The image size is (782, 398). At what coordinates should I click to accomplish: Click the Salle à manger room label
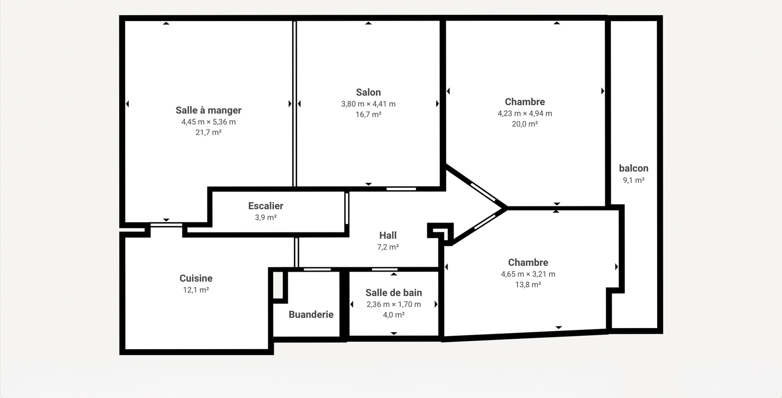[208, 110]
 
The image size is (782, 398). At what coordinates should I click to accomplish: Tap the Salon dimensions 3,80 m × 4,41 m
[368, 104]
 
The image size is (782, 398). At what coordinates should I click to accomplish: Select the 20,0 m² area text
[525, 124]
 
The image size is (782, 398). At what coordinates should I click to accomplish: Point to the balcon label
[634, 168]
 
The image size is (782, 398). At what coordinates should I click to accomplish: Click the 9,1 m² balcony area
[634, 180]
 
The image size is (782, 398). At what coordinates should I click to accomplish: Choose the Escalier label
[266, 206]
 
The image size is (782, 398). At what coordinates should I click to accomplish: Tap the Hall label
[388, 235]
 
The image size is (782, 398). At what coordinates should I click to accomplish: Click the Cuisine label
[196, 278]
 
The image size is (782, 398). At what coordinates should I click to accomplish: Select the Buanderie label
[311, 315]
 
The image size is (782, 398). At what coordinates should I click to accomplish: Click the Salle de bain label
[393, 293]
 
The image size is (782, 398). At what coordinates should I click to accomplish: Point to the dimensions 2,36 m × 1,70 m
[393, 305]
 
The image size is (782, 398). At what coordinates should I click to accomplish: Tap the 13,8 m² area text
[528, 285]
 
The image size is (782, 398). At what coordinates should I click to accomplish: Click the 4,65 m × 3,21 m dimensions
[528, 274]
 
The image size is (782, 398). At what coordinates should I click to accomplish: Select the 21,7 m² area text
[208, 132]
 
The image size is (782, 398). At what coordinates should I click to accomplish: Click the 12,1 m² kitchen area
[196, 290]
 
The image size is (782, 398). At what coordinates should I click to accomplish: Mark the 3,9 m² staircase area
[266, 217]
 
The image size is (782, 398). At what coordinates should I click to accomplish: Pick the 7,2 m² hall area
[388, 247]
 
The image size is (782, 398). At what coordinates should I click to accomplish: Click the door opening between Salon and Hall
[401, 189]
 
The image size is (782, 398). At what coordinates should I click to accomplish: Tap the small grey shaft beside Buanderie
[278, 285]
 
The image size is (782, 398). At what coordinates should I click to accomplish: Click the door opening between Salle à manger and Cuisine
[166, 225]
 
